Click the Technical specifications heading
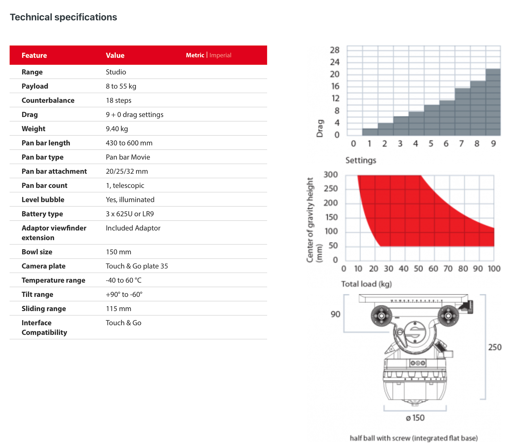[x=63, y=17]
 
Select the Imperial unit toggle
[x=220, y=55]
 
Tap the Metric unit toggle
[x=195, y=55]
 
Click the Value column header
[x=115, y=56]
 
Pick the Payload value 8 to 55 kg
[x=121, y=86]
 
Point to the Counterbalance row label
[x=48, y=100]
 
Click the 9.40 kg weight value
[x=117, y=129]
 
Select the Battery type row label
[x=42, y=214]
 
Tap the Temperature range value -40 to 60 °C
[x=124, y=280]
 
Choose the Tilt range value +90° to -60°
[x=124, y=295]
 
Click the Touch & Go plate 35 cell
[x=137, y=266]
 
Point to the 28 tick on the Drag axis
[x=334, y=50]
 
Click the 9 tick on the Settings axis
[x=493, y=144]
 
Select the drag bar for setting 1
[x=370, y=132]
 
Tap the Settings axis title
[x=361, y=160]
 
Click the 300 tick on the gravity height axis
[x=330, y=175]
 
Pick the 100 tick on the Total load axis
[x=494, y=269]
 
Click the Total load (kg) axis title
[x=366, y=284]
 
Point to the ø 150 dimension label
[x=415, y=418]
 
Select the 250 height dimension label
[x=495, y=347]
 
